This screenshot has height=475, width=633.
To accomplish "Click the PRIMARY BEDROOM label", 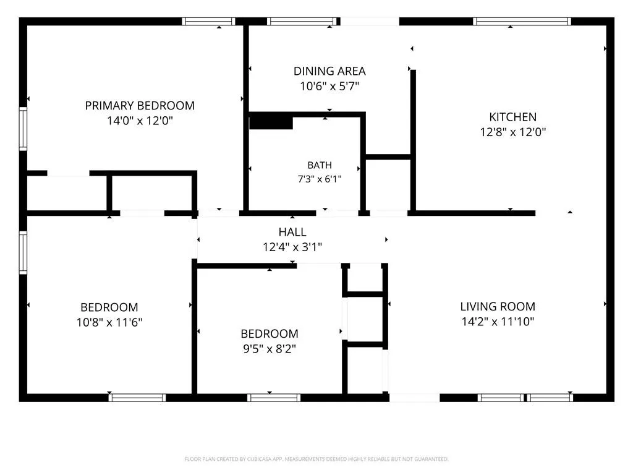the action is click(140, 105).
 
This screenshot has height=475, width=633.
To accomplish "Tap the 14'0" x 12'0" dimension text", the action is click(140, 121).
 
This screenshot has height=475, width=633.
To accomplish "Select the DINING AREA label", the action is click(329, 71).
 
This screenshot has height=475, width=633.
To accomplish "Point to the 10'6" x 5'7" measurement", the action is click(329, 86).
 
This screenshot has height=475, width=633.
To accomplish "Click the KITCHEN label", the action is click(512, 117).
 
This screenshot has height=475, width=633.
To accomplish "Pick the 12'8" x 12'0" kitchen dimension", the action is click(512, 132).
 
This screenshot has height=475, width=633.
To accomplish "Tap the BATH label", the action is click(320, 165).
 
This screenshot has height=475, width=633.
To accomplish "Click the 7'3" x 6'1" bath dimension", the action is click(320, 179).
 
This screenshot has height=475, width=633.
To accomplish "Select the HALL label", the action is click(292, 232).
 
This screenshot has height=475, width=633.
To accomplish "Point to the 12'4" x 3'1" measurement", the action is click(292, 247).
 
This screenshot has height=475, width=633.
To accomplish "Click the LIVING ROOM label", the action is click(498, 307).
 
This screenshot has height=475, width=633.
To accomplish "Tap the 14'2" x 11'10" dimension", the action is click(498, 322).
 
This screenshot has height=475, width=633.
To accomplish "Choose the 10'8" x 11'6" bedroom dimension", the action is click(109, 322).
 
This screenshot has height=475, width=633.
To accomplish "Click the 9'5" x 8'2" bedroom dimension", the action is click(270, 349).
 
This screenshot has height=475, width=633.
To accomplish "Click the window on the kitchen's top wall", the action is click(522, 22).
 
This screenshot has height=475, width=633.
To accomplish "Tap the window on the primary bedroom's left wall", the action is click(23, 129).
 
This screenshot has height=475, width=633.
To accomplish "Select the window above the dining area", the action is click(302, 22).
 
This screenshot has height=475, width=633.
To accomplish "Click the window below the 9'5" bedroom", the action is click(274, 398).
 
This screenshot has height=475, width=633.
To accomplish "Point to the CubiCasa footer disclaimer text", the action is click(316, 459).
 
